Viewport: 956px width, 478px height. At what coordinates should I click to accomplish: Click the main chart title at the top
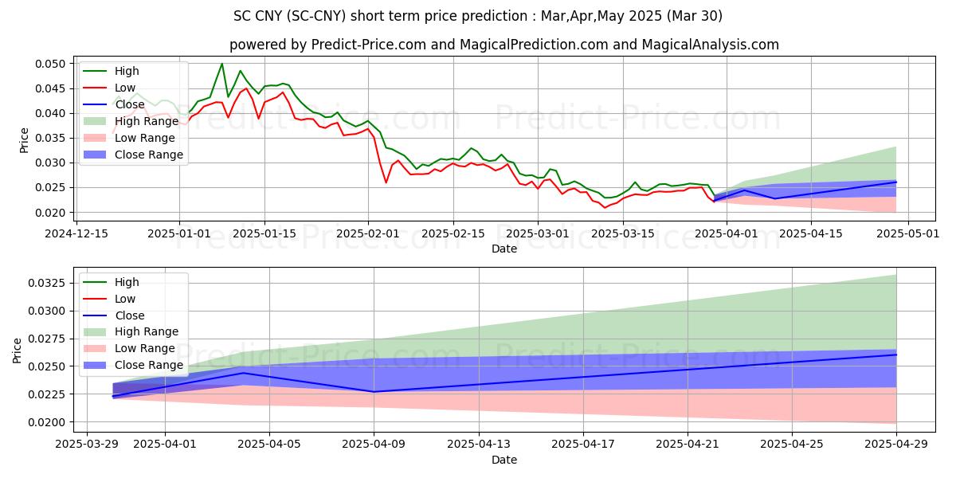478,16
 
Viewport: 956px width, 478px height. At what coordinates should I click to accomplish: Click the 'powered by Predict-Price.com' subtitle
503,45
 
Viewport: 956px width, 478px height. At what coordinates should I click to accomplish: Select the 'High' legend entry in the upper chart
126,71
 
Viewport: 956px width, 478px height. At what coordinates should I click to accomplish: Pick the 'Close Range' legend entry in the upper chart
149,155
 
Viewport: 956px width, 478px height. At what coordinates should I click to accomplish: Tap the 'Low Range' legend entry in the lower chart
145,348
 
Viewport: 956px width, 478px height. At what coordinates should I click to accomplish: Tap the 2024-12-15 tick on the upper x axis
76,233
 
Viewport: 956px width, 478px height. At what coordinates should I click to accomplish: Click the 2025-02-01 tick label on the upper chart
368,233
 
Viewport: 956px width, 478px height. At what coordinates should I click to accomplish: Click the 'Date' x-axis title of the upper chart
503,249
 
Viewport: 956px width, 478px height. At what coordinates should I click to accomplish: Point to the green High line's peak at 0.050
221,64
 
